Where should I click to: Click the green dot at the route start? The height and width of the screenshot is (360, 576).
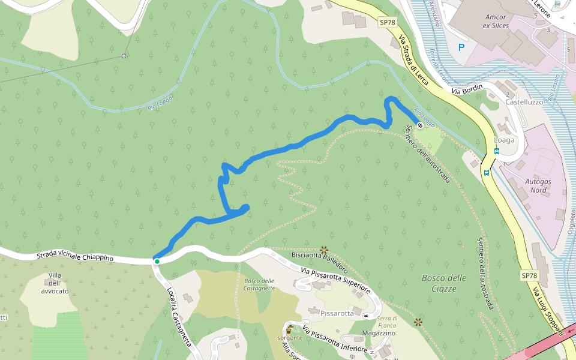(157, 262)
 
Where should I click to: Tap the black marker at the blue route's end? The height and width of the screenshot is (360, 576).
(419, 125)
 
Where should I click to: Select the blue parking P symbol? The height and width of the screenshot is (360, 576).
(461, 47)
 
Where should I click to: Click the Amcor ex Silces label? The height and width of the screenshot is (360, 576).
(496, 22)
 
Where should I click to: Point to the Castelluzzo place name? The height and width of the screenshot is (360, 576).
(524, 103)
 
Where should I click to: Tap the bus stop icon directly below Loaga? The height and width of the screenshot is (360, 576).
(497, 151)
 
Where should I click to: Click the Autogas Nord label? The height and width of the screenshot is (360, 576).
(538, 185)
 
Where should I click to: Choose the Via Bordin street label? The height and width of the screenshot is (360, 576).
(467, 91)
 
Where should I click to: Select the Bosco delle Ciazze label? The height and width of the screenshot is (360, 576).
(444, 283)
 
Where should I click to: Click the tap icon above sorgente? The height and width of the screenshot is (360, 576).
(290, 328)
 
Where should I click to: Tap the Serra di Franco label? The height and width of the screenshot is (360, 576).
(388, 322)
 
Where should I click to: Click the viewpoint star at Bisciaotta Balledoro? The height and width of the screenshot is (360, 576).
(324, 249)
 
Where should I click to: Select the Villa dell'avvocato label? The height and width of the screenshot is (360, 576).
(55, 286)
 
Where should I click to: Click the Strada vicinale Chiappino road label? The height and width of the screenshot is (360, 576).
(75, 257)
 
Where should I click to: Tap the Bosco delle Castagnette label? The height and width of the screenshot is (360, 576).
(259, 284)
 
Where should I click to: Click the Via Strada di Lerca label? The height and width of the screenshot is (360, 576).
(414, 60)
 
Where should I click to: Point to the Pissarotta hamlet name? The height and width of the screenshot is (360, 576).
(337, 313)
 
